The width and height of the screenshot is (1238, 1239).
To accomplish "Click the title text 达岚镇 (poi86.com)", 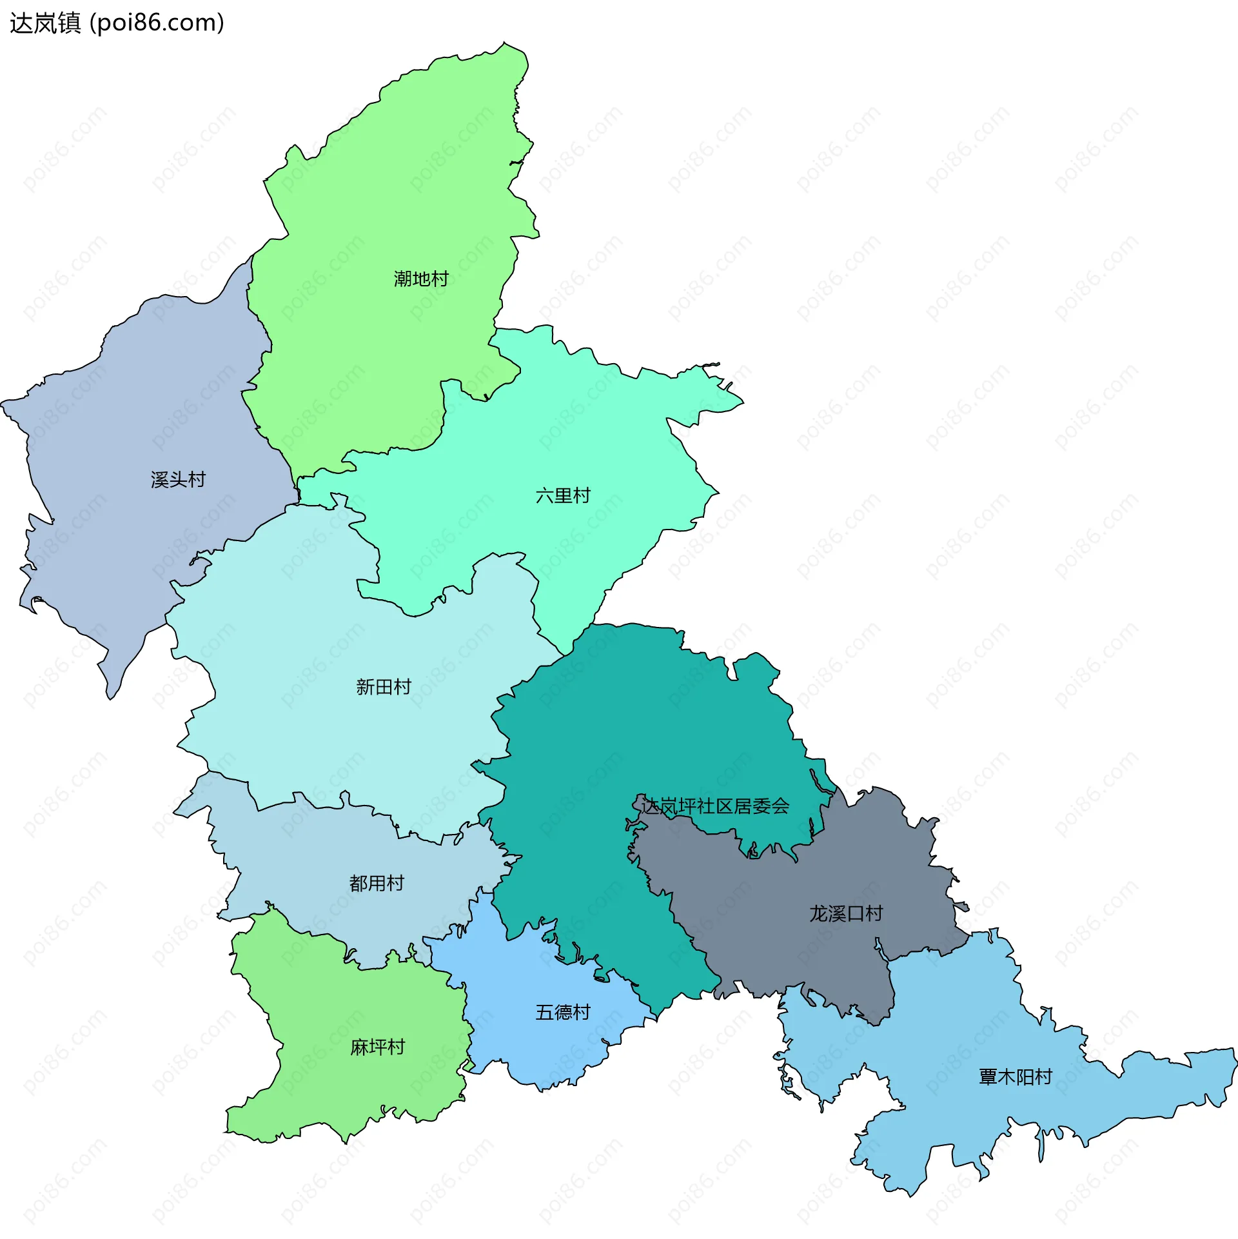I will click(117, 23).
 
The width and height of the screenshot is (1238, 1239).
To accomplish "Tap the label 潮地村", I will click(421, 279).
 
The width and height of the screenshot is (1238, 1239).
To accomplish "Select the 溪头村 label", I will click(178, 480).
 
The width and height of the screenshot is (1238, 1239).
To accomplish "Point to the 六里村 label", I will click(563, 495).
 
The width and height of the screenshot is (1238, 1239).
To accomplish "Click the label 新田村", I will click(384, 687).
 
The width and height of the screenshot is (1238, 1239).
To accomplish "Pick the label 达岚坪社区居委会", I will click(716, 806).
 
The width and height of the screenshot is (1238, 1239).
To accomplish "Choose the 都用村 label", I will click(377, 883).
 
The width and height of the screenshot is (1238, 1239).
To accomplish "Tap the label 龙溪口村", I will click(846, 913).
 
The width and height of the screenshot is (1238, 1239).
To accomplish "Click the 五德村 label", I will click(563, 1012).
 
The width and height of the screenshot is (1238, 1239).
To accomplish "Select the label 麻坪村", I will click(377, 1047).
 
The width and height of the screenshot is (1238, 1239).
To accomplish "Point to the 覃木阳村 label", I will click(1016, 1076).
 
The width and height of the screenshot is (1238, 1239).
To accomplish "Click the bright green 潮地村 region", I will click(387, 193).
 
